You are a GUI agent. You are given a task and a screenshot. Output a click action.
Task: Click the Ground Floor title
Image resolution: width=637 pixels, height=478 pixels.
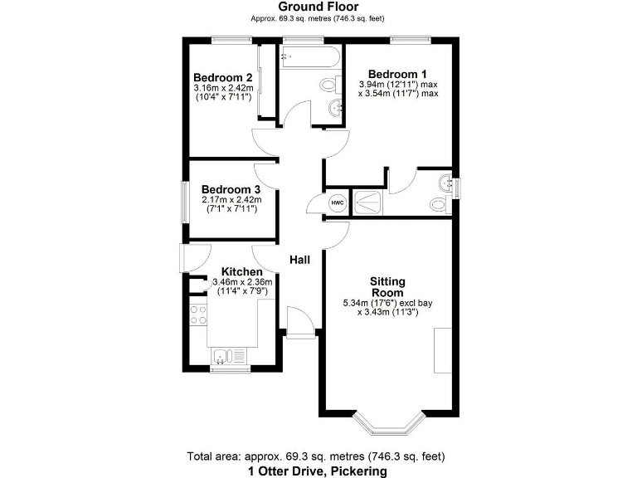[x=318, y=7]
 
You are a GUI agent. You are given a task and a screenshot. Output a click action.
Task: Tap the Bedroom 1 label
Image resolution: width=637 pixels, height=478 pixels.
[x=397, y=72]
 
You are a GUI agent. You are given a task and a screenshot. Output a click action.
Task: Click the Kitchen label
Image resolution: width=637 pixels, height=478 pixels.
[x=241, y=271]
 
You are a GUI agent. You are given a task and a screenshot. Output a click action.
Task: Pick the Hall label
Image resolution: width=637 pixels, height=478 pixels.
[x=299, y=260]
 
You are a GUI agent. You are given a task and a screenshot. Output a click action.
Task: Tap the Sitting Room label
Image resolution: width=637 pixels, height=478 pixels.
[x=387, y=287]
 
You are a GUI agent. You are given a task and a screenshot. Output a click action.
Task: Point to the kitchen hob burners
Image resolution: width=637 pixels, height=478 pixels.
[x=198, y=315]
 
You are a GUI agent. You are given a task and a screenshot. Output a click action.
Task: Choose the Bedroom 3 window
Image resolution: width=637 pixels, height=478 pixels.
[x=185, y=200]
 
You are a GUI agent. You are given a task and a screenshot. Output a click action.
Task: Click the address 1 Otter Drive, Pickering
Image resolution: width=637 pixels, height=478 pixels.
[x=318, y=471]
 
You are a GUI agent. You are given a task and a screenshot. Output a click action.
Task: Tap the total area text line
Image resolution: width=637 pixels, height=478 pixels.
[x=318, y=456]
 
